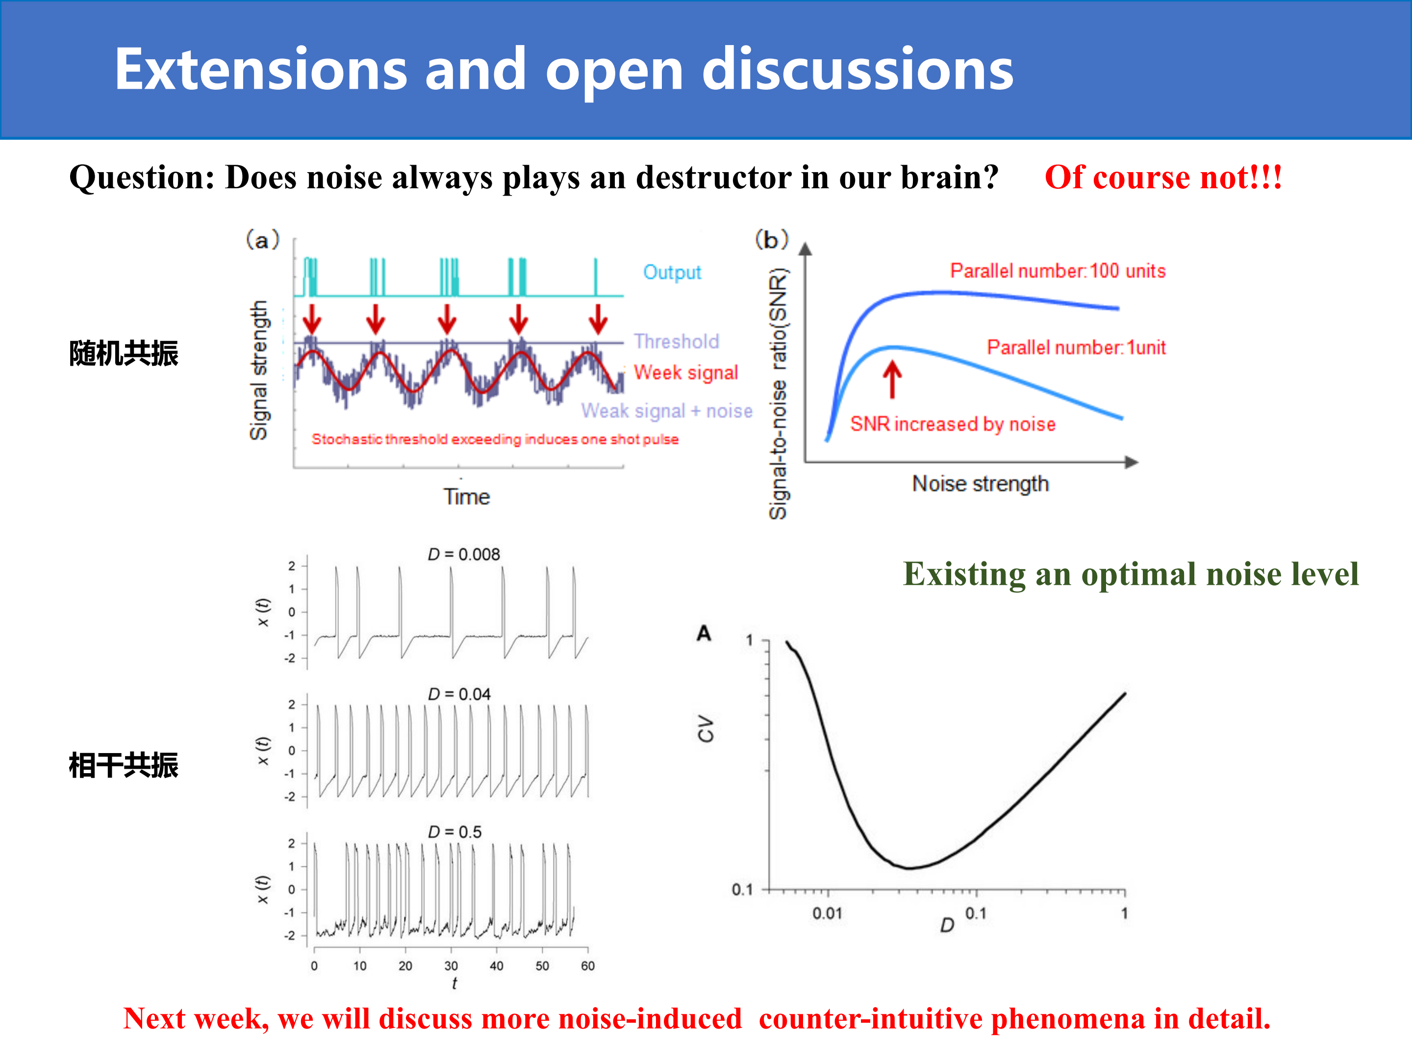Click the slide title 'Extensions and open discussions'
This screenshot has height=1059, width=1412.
[x=564, y=70]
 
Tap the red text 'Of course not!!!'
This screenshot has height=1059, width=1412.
[x=1163, y=177]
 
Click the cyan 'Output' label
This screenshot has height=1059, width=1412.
[x=672, y=273]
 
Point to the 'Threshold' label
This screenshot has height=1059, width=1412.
[x=676, y=342]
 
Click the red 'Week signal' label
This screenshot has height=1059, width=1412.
[x=685, y=372]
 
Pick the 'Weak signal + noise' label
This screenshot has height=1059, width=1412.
[x=666, y=410]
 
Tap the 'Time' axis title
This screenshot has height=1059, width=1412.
[x=467, y=497]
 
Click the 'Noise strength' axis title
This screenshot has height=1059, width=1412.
[x=980, y=484]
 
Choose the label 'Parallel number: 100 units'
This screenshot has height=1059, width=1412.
[x=1058, y=271]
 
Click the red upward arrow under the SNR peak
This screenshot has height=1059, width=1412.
[x=892, y=379]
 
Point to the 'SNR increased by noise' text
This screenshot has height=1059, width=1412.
[x=953, y=424]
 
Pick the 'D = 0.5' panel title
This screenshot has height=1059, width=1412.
[x=454, y=832]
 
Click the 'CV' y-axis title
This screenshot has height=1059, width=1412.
[x=706, y=729]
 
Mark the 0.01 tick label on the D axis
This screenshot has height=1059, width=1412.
[x=827, y=913]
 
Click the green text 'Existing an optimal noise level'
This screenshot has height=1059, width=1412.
[x=1131, y=574]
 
